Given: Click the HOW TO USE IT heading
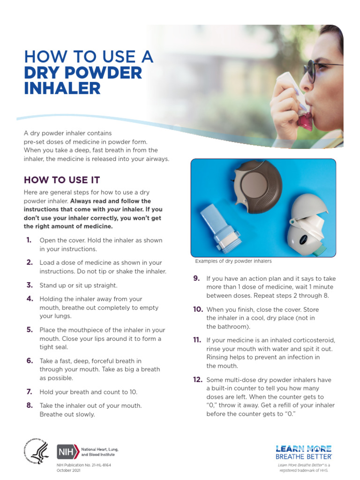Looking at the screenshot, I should (61, 180).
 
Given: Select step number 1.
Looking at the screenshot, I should (29, 240).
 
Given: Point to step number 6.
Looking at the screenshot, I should (29, 360).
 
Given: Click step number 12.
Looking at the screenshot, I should (197, 379).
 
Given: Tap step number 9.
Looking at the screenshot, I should (197, 278).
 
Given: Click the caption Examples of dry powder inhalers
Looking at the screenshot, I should (233, 261).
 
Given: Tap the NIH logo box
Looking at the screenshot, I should (65, 452).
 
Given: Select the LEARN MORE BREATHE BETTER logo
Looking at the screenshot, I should (303, 452).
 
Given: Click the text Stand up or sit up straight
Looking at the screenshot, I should (78, 285).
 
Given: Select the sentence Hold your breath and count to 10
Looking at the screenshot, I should (88, 392).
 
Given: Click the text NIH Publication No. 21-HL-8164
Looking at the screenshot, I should (84, 465).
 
